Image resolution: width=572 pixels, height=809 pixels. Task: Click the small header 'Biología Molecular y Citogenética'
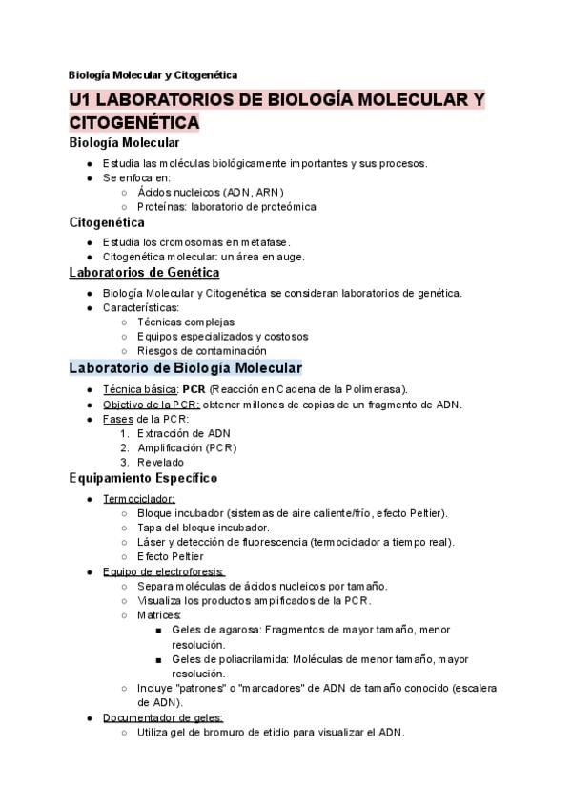click(153, 74)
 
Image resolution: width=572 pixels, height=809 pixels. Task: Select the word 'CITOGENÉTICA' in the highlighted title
click(134, 123)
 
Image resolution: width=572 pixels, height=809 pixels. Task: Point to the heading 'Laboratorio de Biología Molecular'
click(185, 367)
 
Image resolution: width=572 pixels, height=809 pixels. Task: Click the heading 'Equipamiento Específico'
click(143, 477)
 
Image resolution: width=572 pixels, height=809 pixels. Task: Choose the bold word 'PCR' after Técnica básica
click(194, 389)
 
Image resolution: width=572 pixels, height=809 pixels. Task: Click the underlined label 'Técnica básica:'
click(140, 389)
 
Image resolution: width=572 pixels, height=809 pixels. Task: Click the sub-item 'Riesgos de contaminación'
click(201, 351)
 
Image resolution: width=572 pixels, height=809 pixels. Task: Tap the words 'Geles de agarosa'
click(215, 630)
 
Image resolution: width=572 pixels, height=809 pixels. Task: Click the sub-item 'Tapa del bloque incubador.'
click(203, 528)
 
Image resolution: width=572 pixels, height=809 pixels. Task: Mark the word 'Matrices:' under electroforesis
click(159, 615)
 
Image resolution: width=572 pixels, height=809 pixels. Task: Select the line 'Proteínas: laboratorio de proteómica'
click(226, 206)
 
